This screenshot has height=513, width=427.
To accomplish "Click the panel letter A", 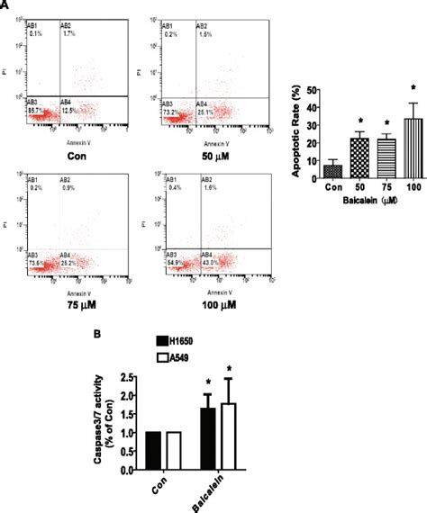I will tap(5, 5).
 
